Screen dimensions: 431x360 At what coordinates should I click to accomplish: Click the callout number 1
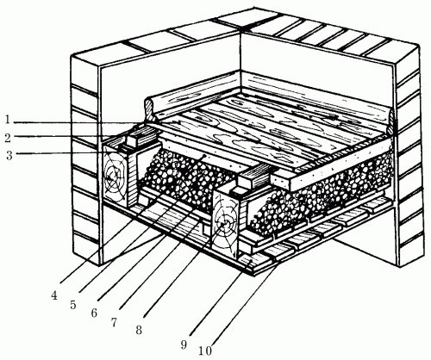coord(8,120)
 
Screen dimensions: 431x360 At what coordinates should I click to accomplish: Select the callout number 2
coord(8,138)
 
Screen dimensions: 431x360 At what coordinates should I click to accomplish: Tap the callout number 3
coord(9,155)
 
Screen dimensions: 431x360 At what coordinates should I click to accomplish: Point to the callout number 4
coord(54,295)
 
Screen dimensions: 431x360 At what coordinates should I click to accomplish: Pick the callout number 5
coord(73,305)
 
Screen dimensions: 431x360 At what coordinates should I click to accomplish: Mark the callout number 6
coord(94,313)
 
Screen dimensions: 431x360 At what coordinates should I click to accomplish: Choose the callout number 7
coord(114,323)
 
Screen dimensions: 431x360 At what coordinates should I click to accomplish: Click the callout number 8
coord(139,330)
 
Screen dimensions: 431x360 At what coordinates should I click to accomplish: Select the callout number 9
coord(184,344)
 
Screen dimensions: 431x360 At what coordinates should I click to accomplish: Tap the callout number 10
coord(205,351)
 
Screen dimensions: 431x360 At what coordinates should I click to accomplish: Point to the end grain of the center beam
coord(225,223)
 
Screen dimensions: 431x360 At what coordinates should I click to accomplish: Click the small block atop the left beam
coord(133,140)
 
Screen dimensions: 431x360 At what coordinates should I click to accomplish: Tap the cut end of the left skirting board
coord(149,109)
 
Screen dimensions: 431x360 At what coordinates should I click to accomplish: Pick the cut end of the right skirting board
coord(390,121)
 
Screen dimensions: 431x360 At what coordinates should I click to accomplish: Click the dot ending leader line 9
coord(252,261)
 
